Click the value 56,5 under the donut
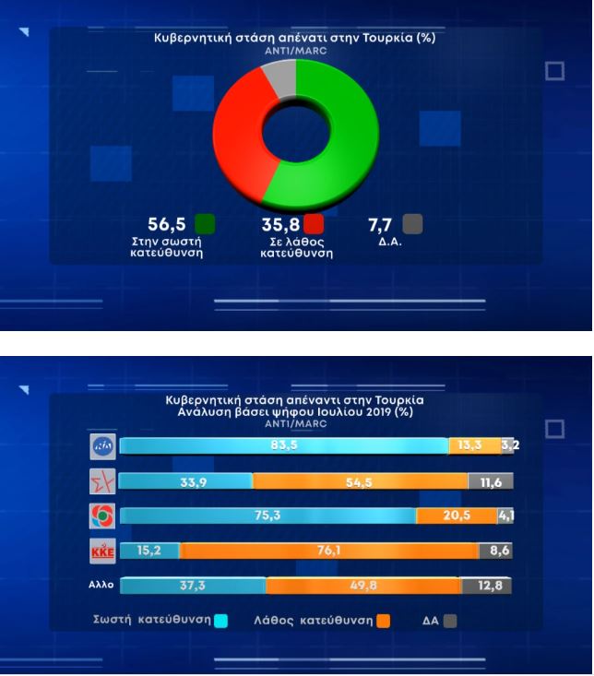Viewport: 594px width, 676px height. [168, 224]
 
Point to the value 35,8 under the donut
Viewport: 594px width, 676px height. [279, 224]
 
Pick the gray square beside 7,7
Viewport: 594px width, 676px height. [412, 224]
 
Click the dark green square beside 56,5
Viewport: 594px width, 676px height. [206, 224]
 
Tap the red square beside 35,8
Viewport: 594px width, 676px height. [314, 224]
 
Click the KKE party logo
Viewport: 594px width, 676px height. [102, 551]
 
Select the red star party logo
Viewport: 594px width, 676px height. [102, 480]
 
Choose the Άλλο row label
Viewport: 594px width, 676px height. [102, 586]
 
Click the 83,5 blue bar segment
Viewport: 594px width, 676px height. [283, 446]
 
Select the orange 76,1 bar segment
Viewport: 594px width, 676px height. [328, 551]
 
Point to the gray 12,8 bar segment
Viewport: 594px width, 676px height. [486, 586]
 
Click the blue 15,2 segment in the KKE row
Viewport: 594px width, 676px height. [149, 551]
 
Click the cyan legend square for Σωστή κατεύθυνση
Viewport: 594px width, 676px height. [220, 621]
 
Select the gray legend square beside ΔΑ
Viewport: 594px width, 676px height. [450, 621]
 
